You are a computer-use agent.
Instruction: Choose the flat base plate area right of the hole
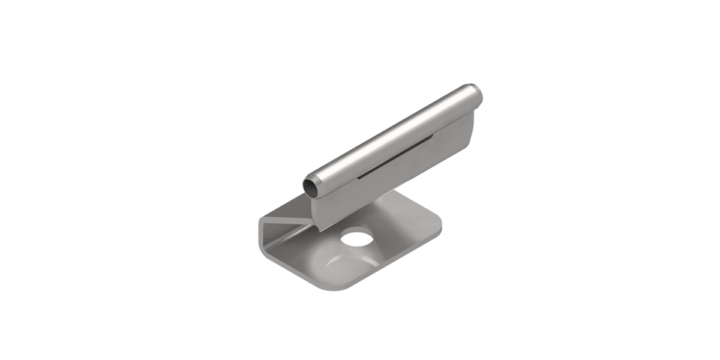point(402,228)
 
